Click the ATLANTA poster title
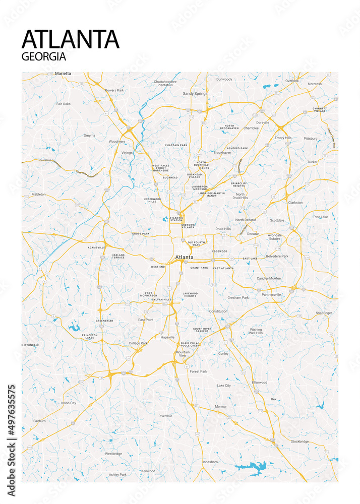71,39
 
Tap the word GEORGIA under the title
44,56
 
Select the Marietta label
63,74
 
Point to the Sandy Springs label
195,94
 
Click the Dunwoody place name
224,79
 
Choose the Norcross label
315,84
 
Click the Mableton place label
38,194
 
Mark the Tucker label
313,162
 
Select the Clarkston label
295,203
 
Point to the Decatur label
253,234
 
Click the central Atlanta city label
184,257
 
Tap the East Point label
146,320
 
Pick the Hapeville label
167,337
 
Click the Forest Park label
198,371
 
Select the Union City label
69,403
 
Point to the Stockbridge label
299,442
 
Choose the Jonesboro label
209,462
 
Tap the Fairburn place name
39,421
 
